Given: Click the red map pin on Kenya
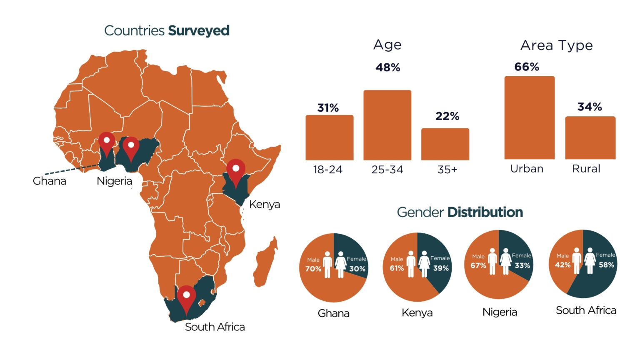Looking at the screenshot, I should click(x=236, y=170).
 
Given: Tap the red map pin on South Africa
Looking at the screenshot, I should click(x=186, y=297).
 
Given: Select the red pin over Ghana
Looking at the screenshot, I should click(x=107, y=143).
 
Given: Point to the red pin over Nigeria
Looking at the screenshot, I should click(x=131, y=147).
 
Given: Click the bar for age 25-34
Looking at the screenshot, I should click(x=387, y=125).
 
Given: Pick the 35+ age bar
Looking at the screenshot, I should click(x=445, y=144).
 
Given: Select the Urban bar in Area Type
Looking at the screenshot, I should click(x=529, y=117).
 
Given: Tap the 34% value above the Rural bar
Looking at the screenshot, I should click(x=590, y=107).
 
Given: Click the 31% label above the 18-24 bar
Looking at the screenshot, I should click(x=328, y=108).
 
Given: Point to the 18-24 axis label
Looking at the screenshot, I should click(x=327, y=170).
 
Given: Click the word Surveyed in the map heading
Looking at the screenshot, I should click(x=199, y=31).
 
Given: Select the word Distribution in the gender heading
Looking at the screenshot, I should click(x=485, y=212).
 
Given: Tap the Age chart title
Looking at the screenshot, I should click(x=387, y=45).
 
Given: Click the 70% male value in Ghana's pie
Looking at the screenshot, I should click(x=313, y=269).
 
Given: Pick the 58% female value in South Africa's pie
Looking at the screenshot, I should click(x=606, y=265).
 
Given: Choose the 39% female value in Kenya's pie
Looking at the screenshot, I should click(x=441, y=268).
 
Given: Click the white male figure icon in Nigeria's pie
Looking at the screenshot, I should click(x=492, y=261).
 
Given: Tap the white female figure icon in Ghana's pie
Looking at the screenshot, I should click(x=341, y=265).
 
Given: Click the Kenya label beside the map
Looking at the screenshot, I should click(x=264, y=205).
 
